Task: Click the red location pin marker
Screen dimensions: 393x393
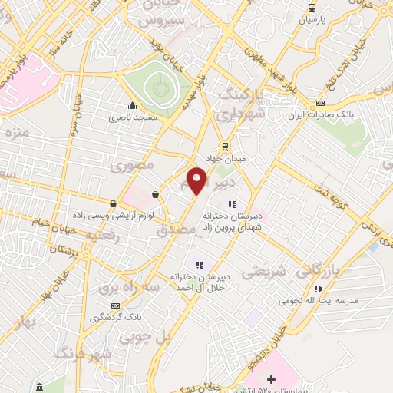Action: coord(197,180)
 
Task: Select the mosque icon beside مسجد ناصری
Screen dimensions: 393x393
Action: coord(133,107)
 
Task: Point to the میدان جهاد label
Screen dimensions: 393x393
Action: coord(229,158)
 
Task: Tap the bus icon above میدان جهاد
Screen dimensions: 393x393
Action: coord(224,146)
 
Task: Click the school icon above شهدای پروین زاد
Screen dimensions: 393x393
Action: coord(231,204)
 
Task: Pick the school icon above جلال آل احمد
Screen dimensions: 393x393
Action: coord(199,265)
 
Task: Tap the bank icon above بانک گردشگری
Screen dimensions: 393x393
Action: coord(116,305)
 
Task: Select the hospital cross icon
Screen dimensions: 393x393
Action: coord(270,379)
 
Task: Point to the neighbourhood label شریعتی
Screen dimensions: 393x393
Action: coord(264,272)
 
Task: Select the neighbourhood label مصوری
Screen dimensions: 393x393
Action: coord(133,165)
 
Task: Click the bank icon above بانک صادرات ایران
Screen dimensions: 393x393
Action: coord(320,103)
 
